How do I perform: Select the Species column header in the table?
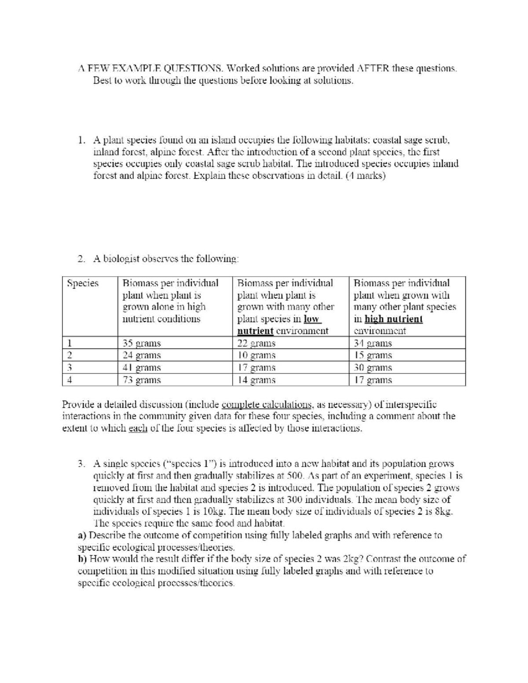83,283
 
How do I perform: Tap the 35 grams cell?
142,343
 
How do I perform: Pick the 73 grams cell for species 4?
142,380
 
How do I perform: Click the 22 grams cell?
257,343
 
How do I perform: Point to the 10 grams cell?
257,355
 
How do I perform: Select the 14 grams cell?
257,380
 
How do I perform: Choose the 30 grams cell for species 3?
373,368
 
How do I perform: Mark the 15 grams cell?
373,355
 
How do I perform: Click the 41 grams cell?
142,368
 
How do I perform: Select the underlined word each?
137,428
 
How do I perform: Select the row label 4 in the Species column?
70,380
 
